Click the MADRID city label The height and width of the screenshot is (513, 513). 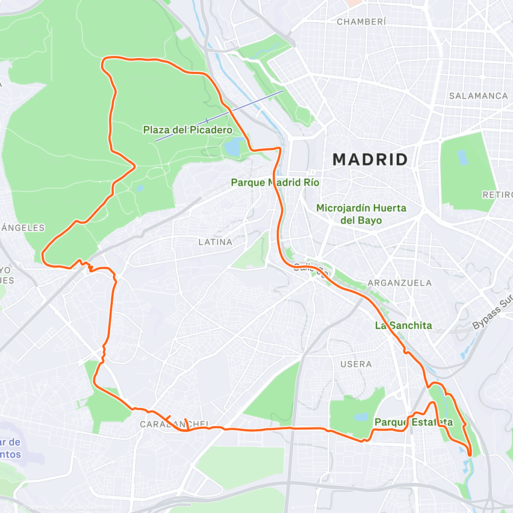(370, 159)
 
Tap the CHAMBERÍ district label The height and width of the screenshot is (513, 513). (361, 21)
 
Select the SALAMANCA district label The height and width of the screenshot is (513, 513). (478, 96)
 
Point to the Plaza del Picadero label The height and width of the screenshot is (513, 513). (188, 130)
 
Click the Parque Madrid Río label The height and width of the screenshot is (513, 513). (275, 183)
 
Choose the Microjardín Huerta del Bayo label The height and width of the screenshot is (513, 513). (361, 214)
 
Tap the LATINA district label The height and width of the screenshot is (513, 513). (215, 242)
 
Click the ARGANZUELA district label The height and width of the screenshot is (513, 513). (400, 283)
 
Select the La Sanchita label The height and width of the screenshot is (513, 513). (404, 325)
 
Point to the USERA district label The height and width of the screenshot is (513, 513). (356, 364)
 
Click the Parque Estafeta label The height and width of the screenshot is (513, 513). (413, 422)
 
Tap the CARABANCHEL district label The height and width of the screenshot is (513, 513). (174, 424)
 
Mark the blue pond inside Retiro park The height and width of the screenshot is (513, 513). (462, 157)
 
